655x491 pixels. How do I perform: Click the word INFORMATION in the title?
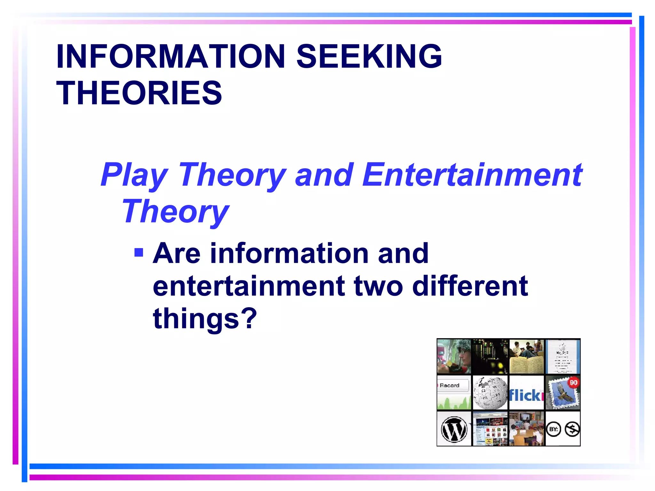170,56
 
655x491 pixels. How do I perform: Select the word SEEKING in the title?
369,56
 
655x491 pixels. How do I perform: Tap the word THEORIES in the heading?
139,93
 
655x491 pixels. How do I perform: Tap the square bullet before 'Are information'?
139,253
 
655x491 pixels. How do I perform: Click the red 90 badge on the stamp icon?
573,382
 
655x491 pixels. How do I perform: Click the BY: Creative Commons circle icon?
554,429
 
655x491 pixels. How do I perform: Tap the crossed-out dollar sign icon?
572,429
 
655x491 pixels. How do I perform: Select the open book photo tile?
526,357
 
